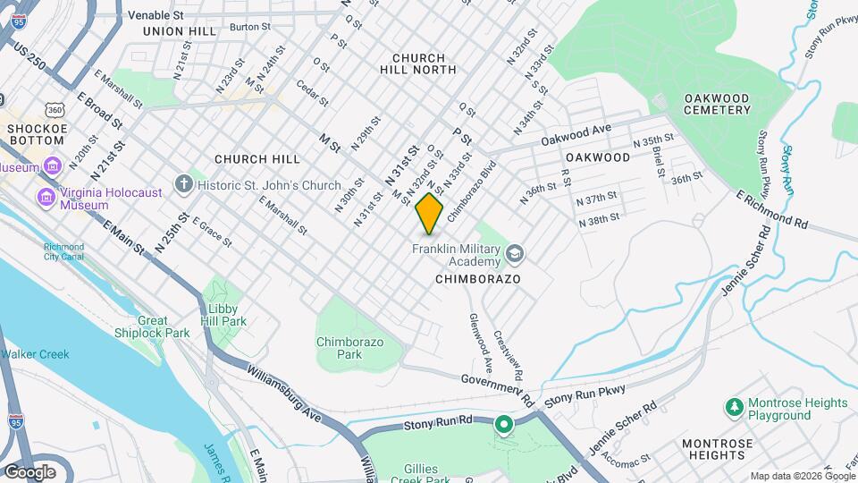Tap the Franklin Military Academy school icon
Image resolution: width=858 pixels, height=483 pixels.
(x=515, y=255)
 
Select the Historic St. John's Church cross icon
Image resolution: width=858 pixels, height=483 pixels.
(x=184, y=185)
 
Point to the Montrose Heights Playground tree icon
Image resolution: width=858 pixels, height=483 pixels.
(x=734, y=408)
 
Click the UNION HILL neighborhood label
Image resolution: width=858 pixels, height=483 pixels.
(x=179, y=30)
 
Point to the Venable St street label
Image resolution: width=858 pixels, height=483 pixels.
(x=156, y=15)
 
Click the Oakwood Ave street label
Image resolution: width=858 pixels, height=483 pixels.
(x=576, y=135)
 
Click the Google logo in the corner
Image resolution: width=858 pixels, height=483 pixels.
(x=29, y=471)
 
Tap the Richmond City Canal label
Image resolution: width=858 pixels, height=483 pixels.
(x=63, y=251)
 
